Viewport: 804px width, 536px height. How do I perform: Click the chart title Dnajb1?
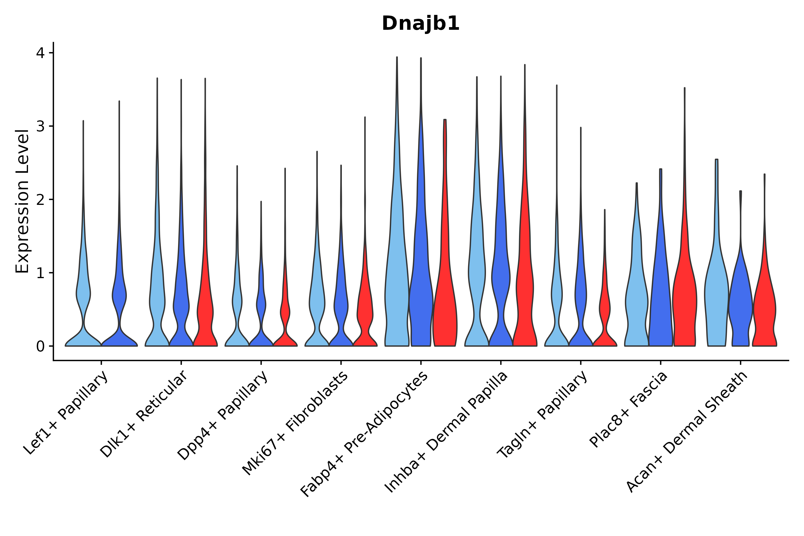(420, 24)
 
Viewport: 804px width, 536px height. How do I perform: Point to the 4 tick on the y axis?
(40, 53)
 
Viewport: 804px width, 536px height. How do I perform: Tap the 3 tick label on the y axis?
(40, 127)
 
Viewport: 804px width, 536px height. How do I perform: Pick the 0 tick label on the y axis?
(40, 347)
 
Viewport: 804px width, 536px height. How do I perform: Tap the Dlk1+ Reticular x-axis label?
(144, 414)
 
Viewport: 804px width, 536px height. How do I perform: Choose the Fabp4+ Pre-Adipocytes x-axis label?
(364, 434)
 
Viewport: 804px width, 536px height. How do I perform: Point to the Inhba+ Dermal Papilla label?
(446, 432)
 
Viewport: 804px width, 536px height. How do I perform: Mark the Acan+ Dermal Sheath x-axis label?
(687, 432)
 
